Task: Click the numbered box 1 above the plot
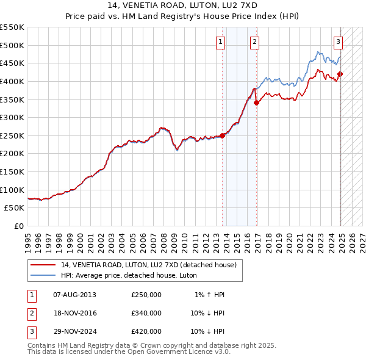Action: (x=220, y=42)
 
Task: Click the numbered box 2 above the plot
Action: (x=254, y=42)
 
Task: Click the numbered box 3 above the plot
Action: (x=338, y=42)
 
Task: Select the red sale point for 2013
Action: (x=222, y=135)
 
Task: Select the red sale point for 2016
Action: (x=257, y=103)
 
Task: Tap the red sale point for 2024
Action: (x=340, y=74)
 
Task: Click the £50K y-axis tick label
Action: (x=15, y=208)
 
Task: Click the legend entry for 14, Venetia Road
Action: (x=152, y=265)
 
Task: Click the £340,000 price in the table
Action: (x=146, y=313)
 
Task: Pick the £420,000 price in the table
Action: (x=146, y=331)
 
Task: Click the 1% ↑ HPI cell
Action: (x=210, y=295)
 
